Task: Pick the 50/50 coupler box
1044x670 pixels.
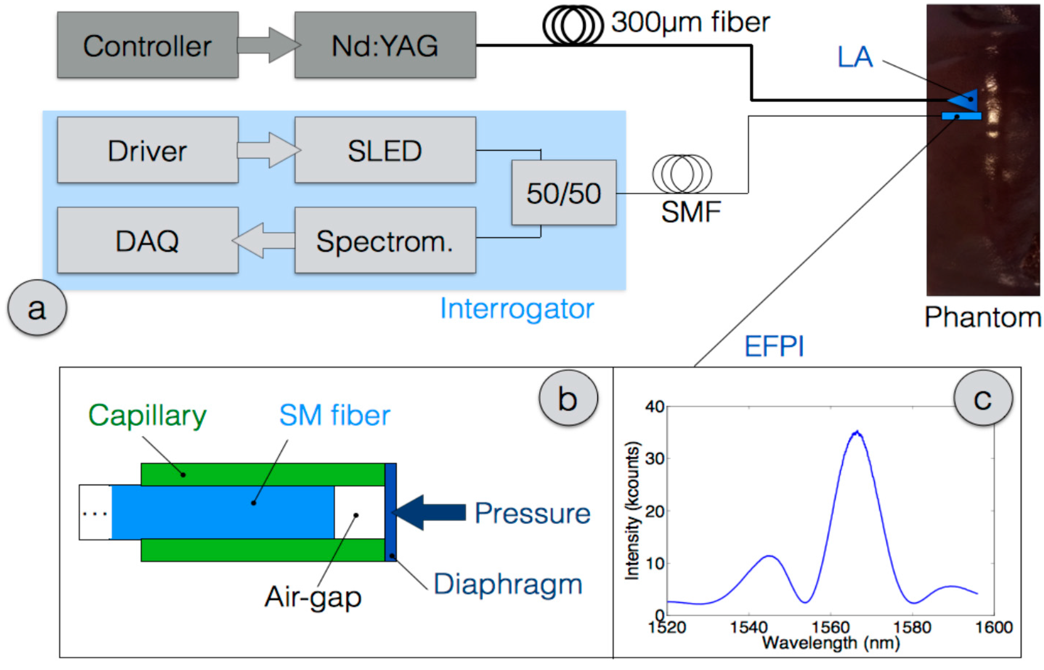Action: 564,193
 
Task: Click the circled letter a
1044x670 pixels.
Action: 37,308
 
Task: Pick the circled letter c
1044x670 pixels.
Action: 983,398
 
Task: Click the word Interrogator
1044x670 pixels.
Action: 517,309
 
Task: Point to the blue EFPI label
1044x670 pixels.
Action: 774,347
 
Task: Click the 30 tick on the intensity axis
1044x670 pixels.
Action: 655,459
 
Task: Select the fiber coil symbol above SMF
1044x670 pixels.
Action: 682,174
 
